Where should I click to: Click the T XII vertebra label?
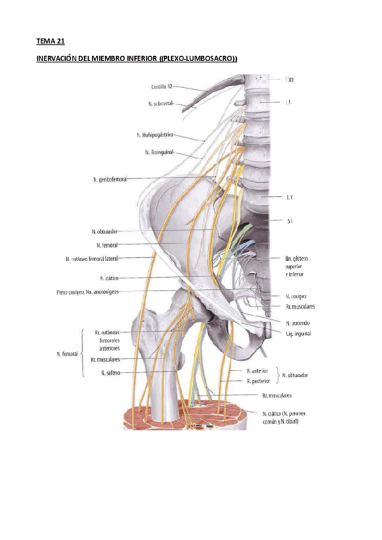289,80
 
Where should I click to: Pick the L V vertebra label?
289,198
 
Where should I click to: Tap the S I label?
289,220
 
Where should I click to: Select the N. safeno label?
111,373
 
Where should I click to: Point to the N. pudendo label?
297,323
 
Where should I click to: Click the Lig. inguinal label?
298,334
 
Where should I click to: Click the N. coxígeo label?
297,297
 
